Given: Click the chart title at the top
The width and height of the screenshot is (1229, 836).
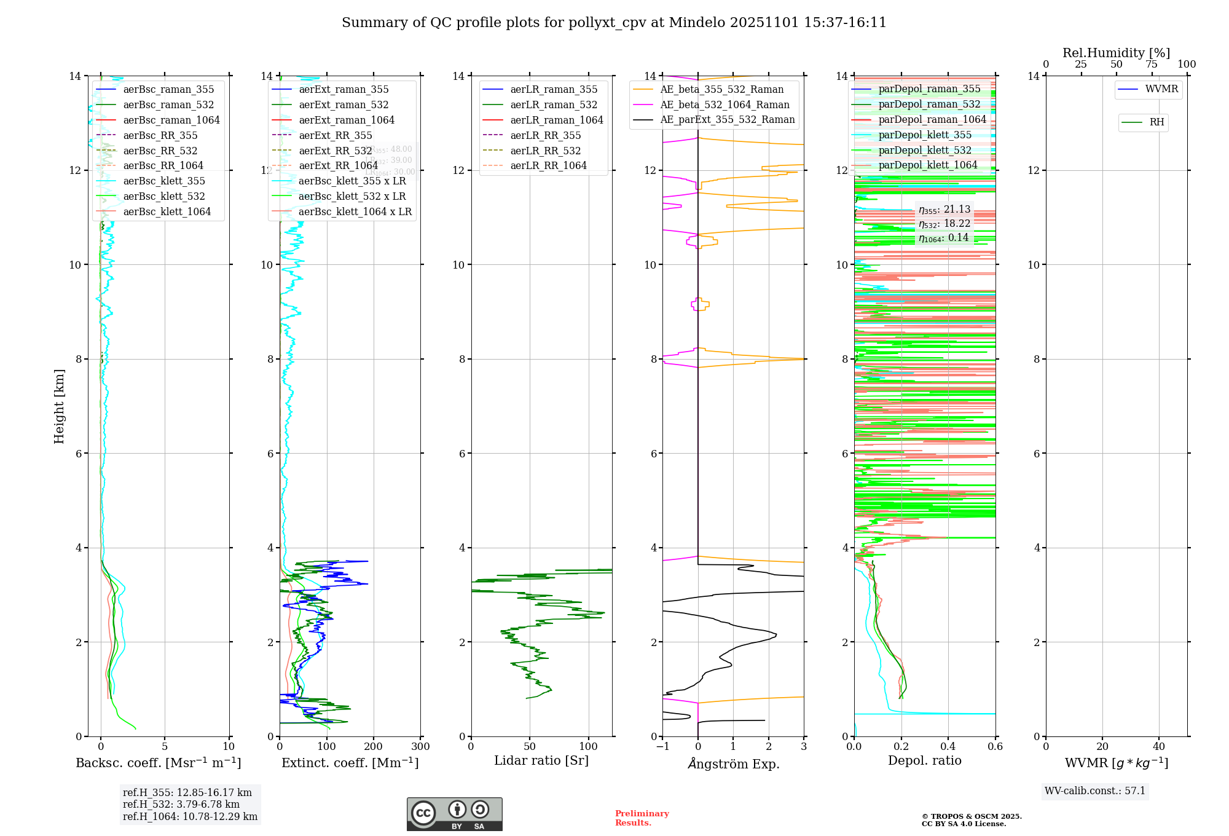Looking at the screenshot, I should [614, 23].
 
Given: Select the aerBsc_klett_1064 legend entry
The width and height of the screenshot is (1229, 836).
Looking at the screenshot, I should [167, 211].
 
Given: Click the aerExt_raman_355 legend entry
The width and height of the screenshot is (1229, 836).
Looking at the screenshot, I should [344, 90].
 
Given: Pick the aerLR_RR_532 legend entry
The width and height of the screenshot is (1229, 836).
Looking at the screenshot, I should [545, 151].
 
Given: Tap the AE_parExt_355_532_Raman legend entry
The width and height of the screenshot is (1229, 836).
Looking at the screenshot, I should [727, 120].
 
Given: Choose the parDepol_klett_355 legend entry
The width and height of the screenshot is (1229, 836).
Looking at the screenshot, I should [925, 135].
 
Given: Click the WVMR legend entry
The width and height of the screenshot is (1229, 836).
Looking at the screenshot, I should [1161, 90].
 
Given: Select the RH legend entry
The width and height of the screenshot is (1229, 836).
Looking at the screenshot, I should [1156, 122].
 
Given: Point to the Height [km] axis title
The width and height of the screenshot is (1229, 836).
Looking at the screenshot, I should [60, 406].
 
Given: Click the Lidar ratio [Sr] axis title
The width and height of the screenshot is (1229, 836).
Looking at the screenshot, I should [541, 761].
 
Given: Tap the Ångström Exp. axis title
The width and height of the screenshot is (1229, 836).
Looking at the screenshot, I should [733, 763].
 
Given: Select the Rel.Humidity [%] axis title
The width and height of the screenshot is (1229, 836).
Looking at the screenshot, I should [1116, 53].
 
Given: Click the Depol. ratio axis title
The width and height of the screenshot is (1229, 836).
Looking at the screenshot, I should [924, 761].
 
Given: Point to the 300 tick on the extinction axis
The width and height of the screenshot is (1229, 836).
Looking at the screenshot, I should [420, 747].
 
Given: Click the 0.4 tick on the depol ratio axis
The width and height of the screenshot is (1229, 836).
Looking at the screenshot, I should [948, 747].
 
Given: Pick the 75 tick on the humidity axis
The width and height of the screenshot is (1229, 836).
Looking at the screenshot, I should [1152, 65].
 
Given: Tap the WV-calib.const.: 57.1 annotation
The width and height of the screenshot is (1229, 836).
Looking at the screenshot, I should [1095, 791].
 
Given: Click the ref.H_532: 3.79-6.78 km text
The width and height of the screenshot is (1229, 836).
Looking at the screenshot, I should [181, 805].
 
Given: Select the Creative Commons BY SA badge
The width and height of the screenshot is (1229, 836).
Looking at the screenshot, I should [454, 814].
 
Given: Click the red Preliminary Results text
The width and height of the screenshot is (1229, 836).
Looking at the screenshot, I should [642, 818].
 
